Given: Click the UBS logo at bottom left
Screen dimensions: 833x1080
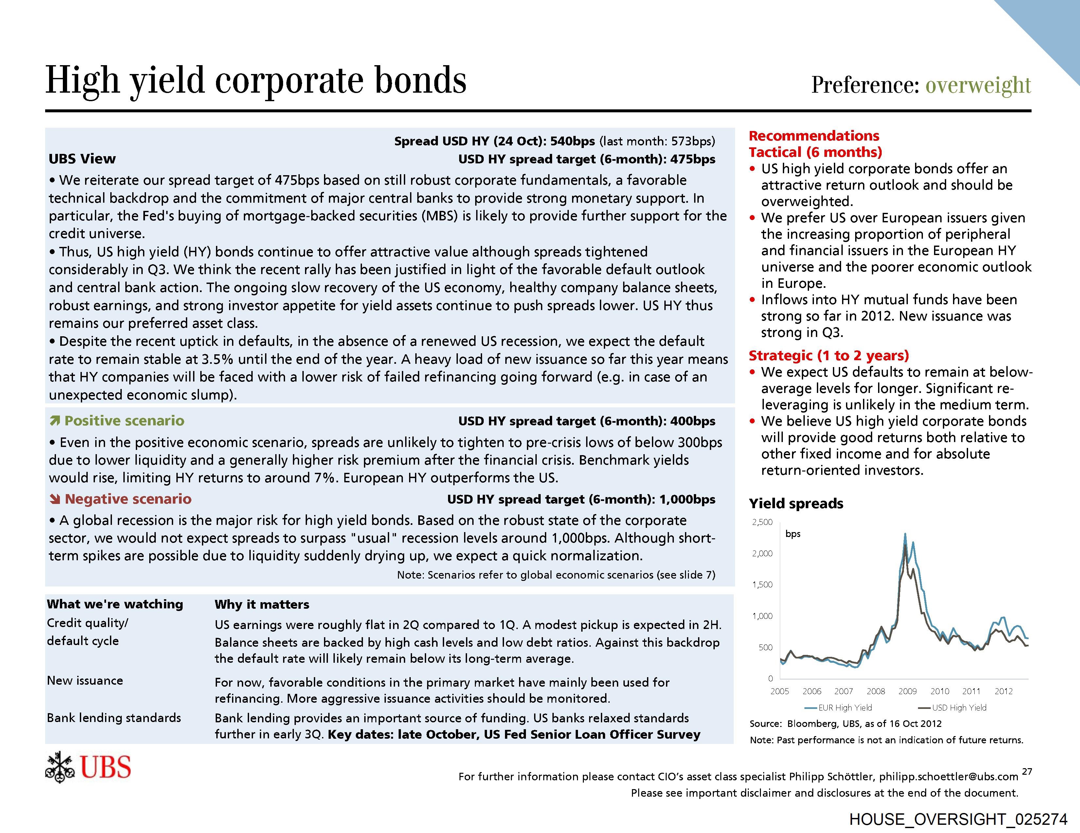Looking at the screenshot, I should tap(88, 767).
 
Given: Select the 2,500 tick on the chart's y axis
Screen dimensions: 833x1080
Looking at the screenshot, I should tap(762, 522).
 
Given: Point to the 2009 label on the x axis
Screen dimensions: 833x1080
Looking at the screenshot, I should tap(908, 691).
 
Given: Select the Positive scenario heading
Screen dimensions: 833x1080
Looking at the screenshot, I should tap(124, 421).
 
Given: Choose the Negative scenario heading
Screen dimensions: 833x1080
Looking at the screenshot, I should tap(128, 499).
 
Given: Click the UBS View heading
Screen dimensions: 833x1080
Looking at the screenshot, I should tap(82, 159).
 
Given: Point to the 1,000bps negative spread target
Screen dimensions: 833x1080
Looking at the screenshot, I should tap(687, 500).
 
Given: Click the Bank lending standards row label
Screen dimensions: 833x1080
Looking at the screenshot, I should tap(114, 718).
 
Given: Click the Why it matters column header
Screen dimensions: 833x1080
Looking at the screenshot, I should tap(261, 604).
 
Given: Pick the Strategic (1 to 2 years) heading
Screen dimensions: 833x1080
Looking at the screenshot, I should tap(829, 356).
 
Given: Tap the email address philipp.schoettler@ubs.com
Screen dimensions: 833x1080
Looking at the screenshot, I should tap(948, 777).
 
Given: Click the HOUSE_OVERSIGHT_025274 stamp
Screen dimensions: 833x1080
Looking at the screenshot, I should tap(958, 819).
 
